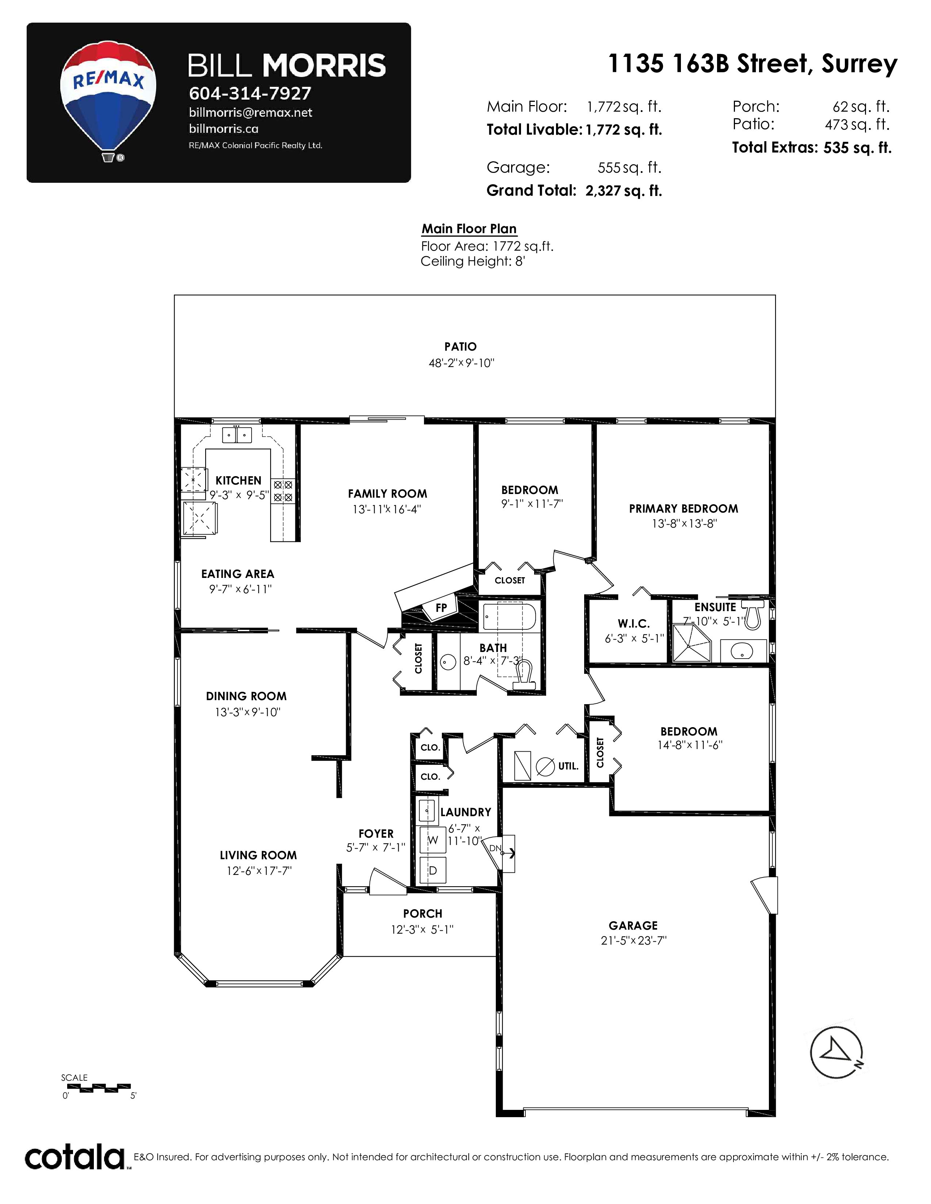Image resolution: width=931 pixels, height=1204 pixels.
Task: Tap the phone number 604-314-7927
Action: pyautogui.click(x=250, y=93)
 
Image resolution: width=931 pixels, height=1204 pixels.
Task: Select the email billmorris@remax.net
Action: pyautogui.click(x=250, y=112)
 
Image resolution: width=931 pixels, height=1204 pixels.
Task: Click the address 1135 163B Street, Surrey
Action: pyautogui.click(x=752, y=64)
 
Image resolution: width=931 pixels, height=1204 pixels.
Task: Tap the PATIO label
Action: pyautogui.click(x=460, y=347)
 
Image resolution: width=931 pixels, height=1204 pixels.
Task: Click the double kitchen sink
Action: pyautogui.click(x=237, y=435)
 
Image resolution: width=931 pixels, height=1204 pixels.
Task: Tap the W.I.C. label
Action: pyautogui.click(x=634, y=624)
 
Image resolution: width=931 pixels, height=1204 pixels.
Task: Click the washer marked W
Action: pyautogui.click(x=433, y=840)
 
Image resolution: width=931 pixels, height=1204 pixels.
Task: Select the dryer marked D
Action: pyautogui.click(x=433, y=871)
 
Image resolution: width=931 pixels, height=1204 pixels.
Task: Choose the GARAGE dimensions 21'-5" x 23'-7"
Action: pyautogui.click(x=634, y=941)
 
